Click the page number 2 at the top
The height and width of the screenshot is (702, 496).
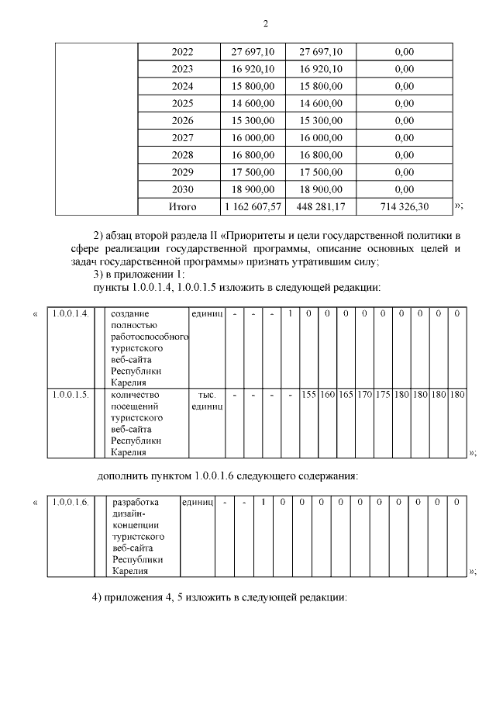coord(265,24)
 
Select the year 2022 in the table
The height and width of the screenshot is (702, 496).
coord(182,52)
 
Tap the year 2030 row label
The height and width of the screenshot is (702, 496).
coord(182,189)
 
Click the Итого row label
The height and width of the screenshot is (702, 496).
coord(182,207)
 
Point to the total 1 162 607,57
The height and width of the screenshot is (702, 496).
coord(253,207)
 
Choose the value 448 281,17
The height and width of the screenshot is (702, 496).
coord(319,207)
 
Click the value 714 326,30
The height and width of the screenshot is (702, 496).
coord(403,207)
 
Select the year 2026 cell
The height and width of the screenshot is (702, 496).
coord(182,121)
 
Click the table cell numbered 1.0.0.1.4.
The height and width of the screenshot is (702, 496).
coord(70,313)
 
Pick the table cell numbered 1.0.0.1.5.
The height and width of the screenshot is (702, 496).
coord(70,394)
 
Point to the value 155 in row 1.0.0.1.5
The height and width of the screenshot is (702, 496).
coord(308,394)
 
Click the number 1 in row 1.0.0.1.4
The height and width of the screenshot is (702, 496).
coord(290,313)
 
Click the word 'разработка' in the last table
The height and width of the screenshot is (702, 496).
coord(136,502)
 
